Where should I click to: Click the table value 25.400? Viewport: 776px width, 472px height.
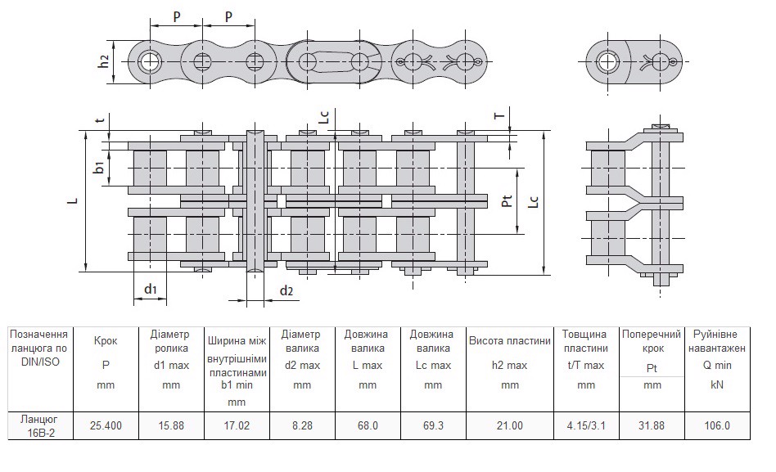[x=106, y=425]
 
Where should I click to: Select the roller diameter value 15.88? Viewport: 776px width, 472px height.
[x=171, y=425]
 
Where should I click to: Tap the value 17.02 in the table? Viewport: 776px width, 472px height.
[x=237, y=425]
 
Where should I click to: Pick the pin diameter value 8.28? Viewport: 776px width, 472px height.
[x=302, y=425]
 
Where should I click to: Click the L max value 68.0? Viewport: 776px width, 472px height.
[x=367, y=425]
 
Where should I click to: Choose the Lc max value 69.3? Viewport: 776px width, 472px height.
[x=432, y=425]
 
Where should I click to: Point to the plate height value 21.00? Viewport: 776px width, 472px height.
[x=510, y=425]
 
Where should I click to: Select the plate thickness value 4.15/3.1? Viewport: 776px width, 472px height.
[x=586, y=425]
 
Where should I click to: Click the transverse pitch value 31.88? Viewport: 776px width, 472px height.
[x=652, y=425]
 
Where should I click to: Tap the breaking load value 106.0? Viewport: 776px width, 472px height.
[x=717, y=425]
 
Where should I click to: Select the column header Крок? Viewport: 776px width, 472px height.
[x=106, y=339]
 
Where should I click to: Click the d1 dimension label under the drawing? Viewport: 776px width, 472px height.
[x=151, y=289]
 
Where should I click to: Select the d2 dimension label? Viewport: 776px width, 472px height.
[x=286, y=290]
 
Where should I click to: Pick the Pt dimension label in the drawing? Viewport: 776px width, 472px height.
[x=508, y=200]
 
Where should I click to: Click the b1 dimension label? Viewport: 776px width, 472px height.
[x=98, y=169]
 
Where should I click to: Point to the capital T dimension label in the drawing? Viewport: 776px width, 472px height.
[x=499, y=116]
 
